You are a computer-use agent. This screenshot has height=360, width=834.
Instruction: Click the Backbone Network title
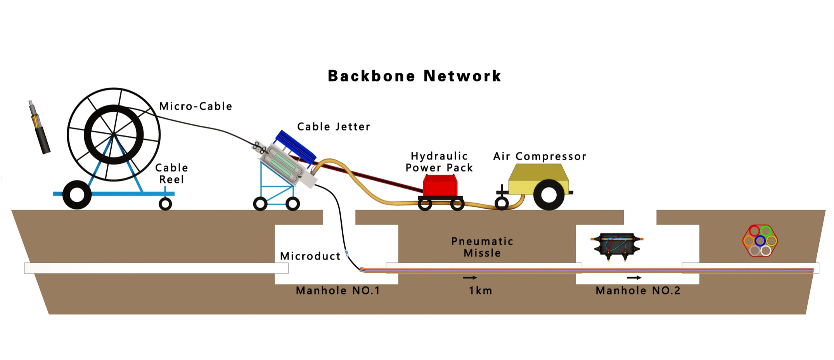pyautogui.click(x=414, y=76)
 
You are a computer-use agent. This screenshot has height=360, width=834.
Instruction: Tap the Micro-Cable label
pyautogui.click(x=196, y=106)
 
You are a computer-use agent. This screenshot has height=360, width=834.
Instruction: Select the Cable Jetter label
pyautogui.click(x=334, y=127)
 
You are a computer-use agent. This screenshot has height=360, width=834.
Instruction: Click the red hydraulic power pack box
pyautogui.click(x=440, y=186)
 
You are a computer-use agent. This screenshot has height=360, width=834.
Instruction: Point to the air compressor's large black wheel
pyautogui.click(x=549, y=195)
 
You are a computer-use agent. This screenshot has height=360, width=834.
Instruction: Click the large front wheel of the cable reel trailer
pyautogui.click(x=77, y=195)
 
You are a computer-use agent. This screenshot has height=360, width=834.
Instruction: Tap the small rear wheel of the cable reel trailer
pyautogui.click(x=165, y=204)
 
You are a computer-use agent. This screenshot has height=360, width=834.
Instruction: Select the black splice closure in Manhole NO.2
pyautogui.click(x=617, y=244)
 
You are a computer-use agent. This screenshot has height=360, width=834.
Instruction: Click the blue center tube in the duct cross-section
pyautogui.click(x=760, y=241)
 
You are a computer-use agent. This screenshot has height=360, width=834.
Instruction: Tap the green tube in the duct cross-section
pyautogui.click(x=765, y=231)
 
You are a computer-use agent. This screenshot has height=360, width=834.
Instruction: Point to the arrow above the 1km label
pyautogui.click(x=470, y=278)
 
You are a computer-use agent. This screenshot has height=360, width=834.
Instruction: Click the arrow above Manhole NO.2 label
pyautogui.click(x=634, y=278)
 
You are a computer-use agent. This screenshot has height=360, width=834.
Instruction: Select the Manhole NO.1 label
pyautogui.click(x=338, y=291)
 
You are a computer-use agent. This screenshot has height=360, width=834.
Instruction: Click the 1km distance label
pyautogui.click(x=480, y=291)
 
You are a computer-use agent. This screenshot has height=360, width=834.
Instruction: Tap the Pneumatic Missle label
pyautogui.click(x=482, y=247)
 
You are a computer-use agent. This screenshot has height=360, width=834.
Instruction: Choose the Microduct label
pyautogui.click(x=310, y=256)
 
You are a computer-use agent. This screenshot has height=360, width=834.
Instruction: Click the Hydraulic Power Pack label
pyautogui.click(x=439, y=162)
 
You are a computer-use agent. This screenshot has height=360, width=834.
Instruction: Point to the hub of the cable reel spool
pyautogui.click(x=113, y=134)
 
